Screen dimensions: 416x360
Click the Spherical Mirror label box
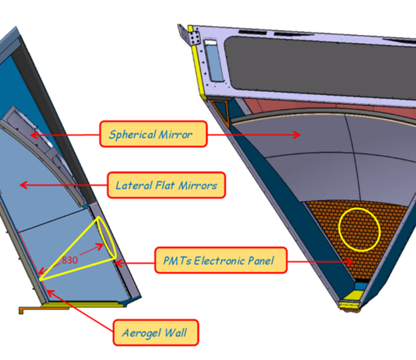153,134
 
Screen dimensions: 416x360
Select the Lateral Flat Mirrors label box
167,185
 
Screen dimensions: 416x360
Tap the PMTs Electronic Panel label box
221,260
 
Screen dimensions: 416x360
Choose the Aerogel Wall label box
156,333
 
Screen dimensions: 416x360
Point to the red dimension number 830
69,260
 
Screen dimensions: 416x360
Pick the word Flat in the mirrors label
166,185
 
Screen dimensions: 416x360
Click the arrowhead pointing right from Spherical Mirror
297,135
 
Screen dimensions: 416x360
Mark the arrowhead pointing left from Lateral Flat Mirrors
24,185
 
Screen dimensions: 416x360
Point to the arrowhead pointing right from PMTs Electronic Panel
350,262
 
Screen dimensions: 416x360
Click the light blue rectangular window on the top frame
213,61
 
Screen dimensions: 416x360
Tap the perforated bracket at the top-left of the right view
191,34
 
